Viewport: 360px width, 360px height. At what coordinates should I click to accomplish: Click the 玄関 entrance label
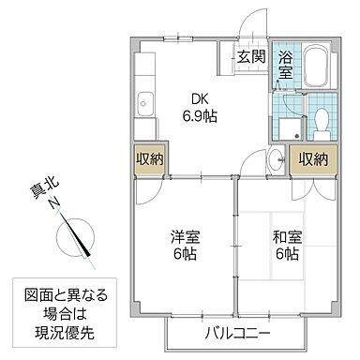(249, 56)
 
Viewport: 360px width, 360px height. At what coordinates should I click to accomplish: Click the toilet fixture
(319, 119)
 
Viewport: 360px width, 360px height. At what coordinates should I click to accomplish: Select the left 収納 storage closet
(150, 159)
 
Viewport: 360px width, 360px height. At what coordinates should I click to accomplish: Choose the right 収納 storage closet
(313, 159)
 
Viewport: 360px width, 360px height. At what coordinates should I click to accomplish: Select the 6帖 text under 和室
(286, 255)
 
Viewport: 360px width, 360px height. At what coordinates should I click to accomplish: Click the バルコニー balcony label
(238, 334)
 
